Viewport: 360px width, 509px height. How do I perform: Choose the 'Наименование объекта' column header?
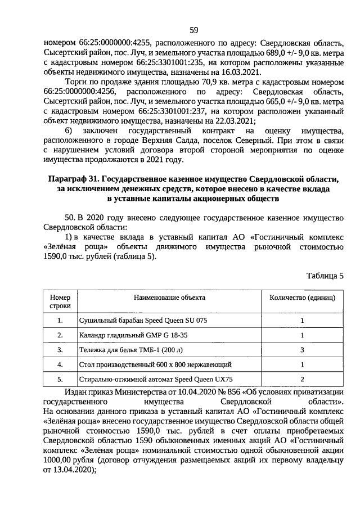[x=169, y=297]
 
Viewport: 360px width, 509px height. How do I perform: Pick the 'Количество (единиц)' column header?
[x=302, y=297]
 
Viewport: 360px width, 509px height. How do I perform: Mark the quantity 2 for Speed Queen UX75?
[x=302, y=379]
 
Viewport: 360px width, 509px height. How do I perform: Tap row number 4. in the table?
[x=60, y=364]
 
